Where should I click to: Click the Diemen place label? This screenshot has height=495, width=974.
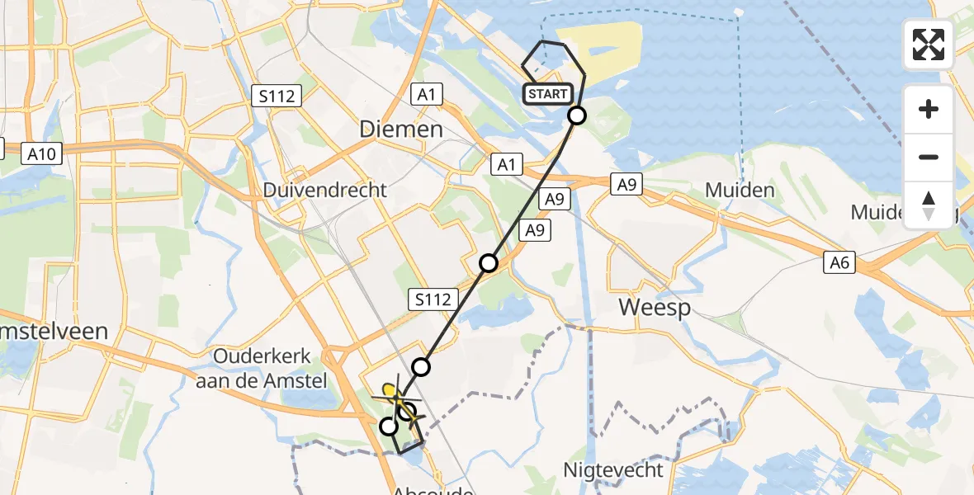[x=401, y=129]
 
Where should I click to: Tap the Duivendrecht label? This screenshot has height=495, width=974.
[x=324, y=190]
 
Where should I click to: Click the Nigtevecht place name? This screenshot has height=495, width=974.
[x=613, y=470]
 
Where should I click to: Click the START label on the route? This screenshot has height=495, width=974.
[x=546, y=94]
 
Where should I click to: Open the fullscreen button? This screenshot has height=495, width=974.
[x=929, y=45]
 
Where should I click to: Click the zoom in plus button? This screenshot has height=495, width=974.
[x=929, y=109]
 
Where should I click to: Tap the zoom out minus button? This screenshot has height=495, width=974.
[x=929, y=157]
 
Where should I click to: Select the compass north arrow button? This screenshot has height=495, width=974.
[x=929, y=205]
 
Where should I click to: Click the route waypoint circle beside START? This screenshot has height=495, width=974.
[x=577, y=115]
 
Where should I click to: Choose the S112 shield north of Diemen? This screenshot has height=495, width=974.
[x=277, y=96]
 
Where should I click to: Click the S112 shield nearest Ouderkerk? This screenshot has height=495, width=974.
[x=434, y=299]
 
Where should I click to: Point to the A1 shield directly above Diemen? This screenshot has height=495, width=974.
[x=426, y=95]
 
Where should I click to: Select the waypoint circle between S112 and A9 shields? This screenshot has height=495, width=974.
[x=489, y=263]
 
